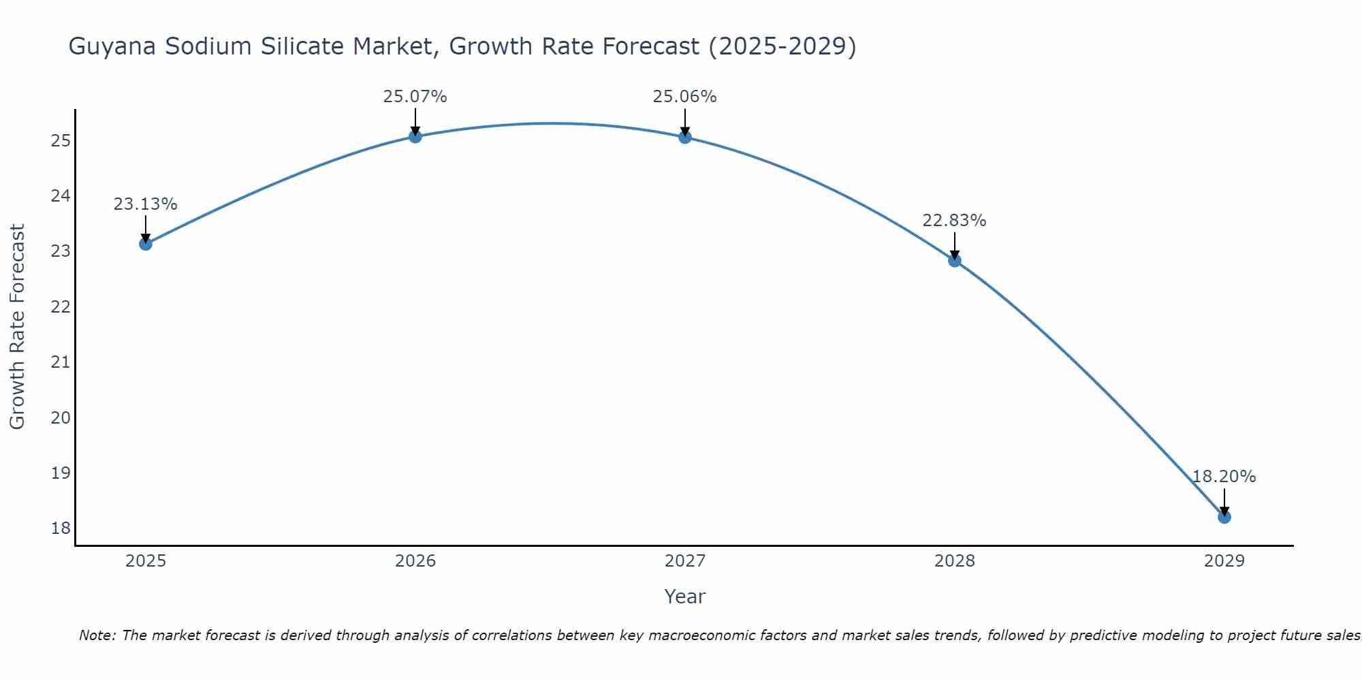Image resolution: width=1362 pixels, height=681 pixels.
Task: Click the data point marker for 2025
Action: (x=146, y=244)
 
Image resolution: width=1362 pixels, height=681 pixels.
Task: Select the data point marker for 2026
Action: (x=415, y=136)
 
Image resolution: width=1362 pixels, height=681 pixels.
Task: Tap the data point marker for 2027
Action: (x=685, y=137)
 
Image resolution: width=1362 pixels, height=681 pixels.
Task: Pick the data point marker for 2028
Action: (x=955, y=260)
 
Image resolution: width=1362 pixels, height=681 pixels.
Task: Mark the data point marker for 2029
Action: (x=1224, y=517)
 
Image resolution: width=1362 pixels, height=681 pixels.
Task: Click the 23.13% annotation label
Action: (x=145, y=204)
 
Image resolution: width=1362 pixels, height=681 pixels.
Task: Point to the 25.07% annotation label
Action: (x=415, y=97)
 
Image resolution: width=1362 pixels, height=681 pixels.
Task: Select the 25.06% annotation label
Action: (x=684, y=97)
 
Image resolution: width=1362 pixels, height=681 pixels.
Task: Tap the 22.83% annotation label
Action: (x=954, y=221)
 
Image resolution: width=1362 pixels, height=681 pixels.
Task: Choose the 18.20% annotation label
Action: (x=1224, y=477)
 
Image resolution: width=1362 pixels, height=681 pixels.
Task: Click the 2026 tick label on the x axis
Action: (x=415, y=561)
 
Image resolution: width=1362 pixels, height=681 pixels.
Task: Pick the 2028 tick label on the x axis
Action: (x=955, y=561)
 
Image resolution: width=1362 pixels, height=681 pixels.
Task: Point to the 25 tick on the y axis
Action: (x=61, y=141)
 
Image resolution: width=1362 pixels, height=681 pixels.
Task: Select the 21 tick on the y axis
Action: (x=61, y=362)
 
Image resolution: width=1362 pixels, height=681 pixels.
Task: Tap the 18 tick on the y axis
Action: (x=61, y=528)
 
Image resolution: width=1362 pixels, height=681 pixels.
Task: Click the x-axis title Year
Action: (x=684, y=597)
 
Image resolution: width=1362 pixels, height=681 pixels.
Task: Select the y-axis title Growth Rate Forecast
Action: (x=17, y=326)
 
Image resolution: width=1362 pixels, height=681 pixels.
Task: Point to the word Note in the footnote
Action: (x=97, y=635)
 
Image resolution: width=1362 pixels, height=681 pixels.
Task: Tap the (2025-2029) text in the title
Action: (x=782, y=46)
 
